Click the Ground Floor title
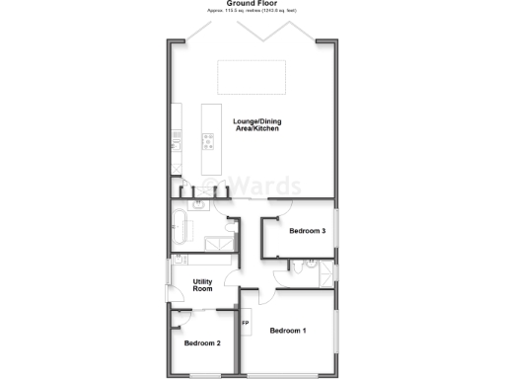tap(252, 4)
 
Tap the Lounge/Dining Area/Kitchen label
tap(256, 126)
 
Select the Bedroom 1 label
tap(288, 330)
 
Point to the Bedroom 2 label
tap(202, 343)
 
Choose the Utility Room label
tap(203, 284)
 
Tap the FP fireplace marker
tap(246, 324)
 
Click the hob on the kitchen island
tap(210, 141)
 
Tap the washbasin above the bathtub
tap(198, 205)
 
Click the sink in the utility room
tap(180, 260)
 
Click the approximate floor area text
tap(252, 11)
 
